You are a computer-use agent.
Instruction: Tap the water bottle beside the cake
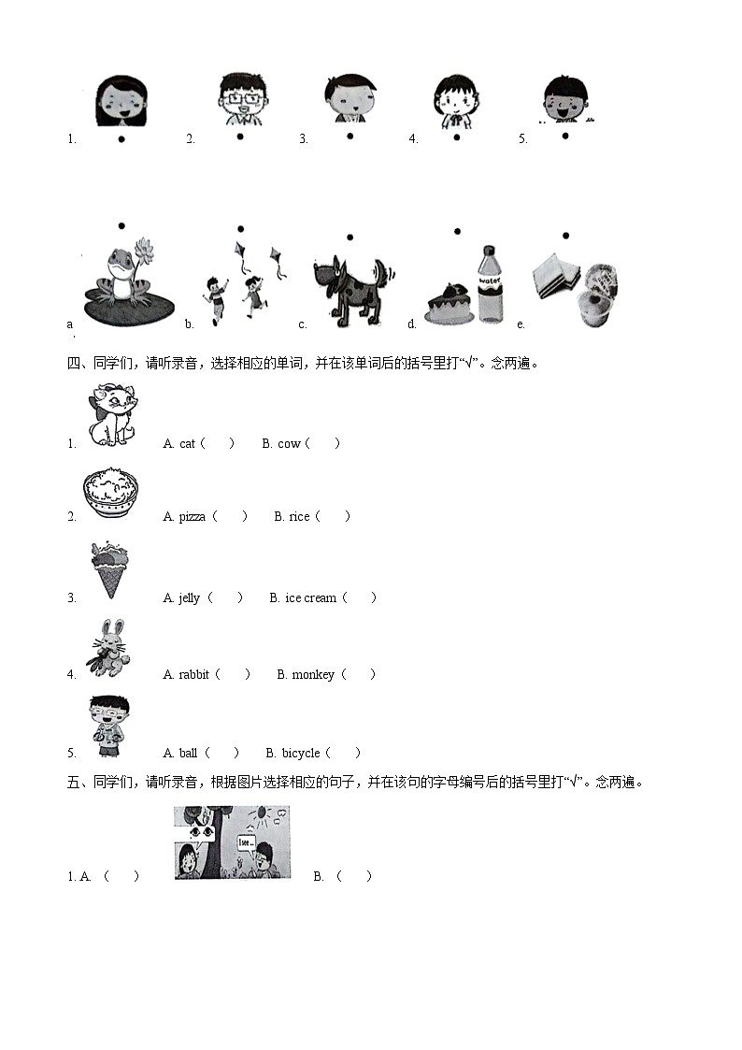pos(490,284)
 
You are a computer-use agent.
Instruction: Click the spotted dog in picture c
pos(353,286)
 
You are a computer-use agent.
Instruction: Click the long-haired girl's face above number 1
pos(121,101)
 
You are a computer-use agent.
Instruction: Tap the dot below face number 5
pos(565,136)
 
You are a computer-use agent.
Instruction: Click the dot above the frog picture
pos(121,225)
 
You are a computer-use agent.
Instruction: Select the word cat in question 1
pos(187,443)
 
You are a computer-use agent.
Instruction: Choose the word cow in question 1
pos(289,443)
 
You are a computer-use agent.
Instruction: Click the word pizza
pos(192,516)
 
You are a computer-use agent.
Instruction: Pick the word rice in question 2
pos(299,516)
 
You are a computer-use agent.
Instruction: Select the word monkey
pos(313,674)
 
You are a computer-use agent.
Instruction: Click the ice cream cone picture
pos(110,568)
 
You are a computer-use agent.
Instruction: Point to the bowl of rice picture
pos(110,493)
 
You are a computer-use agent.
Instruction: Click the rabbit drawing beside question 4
pos(109,648)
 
